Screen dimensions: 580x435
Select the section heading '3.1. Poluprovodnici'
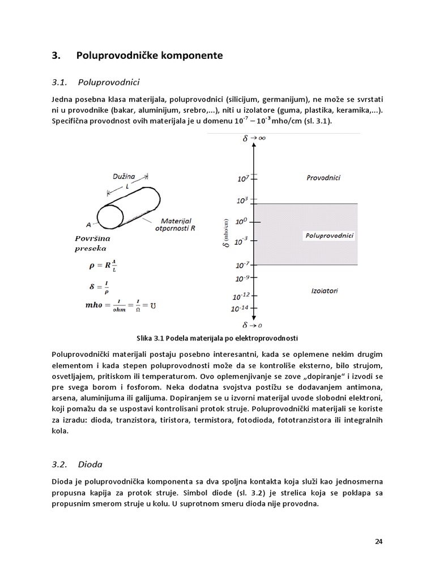(95, 83)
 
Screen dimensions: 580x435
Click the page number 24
(379, 541)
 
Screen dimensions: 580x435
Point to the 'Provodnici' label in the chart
(323, 177)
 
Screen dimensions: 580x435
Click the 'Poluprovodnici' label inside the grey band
(329, 234)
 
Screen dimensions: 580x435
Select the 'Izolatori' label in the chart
(325, 291)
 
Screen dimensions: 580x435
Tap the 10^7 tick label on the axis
(243, 178)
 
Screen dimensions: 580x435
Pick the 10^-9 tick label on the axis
(242, 278)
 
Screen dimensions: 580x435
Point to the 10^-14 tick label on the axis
(240, 309)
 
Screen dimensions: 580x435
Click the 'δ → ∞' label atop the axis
(254, 138)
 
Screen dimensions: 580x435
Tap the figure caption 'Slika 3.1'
(217, 338)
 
